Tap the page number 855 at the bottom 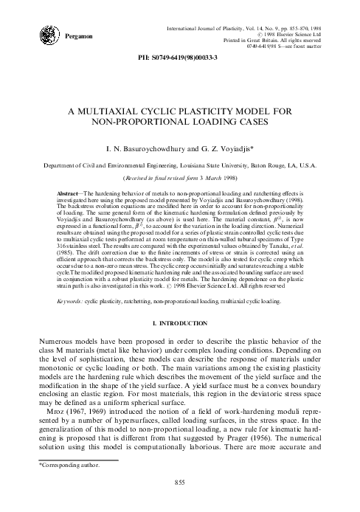tap(179, 502)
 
